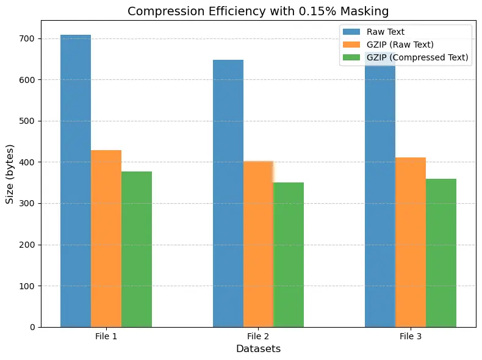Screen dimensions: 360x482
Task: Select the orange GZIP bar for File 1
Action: click(x=106, y=239)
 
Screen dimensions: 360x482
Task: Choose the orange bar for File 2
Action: click(x=258, y=244)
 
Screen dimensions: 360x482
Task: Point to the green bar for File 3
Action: click(x=441, y=253)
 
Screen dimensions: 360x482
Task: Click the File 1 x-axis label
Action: click(x=106, y=337)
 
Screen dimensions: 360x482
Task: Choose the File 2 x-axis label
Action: click(x=258, y=337)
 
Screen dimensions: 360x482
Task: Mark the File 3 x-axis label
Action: click(x=411, y=337)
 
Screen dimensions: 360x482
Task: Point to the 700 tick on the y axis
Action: click(x=27, y=38)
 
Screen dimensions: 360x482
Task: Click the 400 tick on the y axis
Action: click(x=27, y=162)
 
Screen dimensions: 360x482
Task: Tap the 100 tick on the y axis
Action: click(x=27, y=286)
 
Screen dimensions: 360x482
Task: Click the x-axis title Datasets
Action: click(x=258, y=349)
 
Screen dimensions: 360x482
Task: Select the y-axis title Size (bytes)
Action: click(x=10, y=174)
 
